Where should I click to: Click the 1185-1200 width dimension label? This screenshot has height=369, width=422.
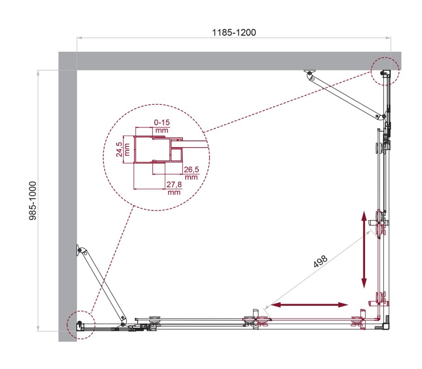[x=234, y=32]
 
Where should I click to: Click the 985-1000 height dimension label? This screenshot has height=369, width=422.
[x=33, y=200]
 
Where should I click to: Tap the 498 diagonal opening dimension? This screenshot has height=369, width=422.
[x=319, y=262]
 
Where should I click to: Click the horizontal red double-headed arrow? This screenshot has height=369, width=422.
[x=309, y=306]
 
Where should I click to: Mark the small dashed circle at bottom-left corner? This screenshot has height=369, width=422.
[x=81, y=325]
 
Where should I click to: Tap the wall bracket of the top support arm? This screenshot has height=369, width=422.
[x=309, y=74]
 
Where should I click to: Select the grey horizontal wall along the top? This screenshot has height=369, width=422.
[x=235, y=61]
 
